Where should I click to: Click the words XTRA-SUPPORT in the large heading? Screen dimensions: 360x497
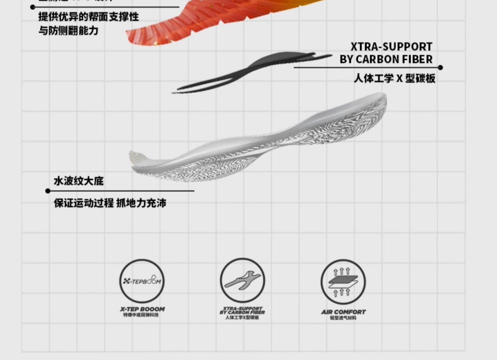click(391, 47)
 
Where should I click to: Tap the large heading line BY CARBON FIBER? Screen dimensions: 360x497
click(386, 59)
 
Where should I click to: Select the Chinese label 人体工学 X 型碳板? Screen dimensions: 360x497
click(394, 79)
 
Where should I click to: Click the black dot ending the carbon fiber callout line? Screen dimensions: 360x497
click(440, 68)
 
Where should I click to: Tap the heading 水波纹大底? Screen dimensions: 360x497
click(79, 181)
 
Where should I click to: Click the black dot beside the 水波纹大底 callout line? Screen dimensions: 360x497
click(48, 191)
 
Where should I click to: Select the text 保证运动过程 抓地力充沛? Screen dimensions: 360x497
click(110, 203)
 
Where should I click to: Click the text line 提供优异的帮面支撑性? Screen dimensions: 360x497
click(88, 17)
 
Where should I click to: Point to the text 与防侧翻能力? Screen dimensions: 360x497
click(68, 31)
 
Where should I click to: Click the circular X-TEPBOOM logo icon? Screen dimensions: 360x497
click(142, 281)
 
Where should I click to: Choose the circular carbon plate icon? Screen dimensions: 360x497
click(243, 280)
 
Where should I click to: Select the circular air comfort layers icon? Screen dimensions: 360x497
click(343, 282)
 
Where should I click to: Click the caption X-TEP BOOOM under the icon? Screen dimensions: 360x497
click(142, 309)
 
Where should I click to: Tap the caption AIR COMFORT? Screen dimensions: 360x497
click(343, 312)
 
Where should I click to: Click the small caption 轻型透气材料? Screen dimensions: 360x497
click(343, 318)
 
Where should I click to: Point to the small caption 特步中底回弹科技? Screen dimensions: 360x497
click(141, 315)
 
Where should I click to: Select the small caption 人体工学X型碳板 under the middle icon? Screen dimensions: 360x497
click(242, 318)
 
